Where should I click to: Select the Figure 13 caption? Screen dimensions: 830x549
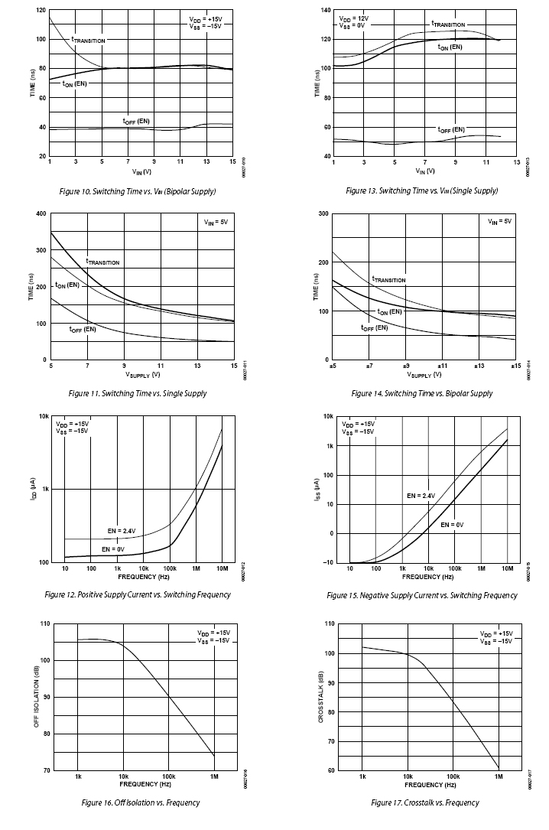point(421,190)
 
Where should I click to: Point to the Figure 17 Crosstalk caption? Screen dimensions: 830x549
point(425,802)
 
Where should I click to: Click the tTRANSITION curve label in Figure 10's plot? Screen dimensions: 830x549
point(88,40)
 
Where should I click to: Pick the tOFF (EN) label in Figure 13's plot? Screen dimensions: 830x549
point(450,129)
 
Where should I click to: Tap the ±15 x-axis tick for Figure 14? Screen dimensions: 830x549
point(515,366)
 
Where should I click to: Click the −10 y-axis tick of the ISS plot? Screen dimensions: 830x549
point(327,563)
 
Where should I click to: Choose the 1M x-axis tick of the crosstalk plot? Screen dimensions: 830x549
point(498,776)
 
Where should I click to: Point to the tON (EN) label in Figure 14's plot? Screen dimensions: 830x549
point(390,312)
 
